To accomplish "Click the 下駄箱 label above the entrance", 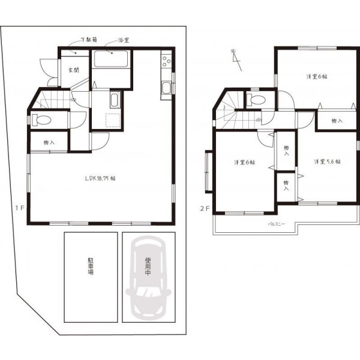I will (89, 41).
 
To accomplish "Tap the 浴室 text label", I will (124, 41).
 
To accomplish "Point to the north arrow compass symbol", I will (235, 58).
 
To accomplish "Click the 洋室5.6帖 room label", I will (327, 162).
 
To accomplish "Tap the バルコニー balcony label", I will (277, 224).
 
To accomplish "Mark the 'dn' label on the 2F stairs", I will (257, 119).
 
